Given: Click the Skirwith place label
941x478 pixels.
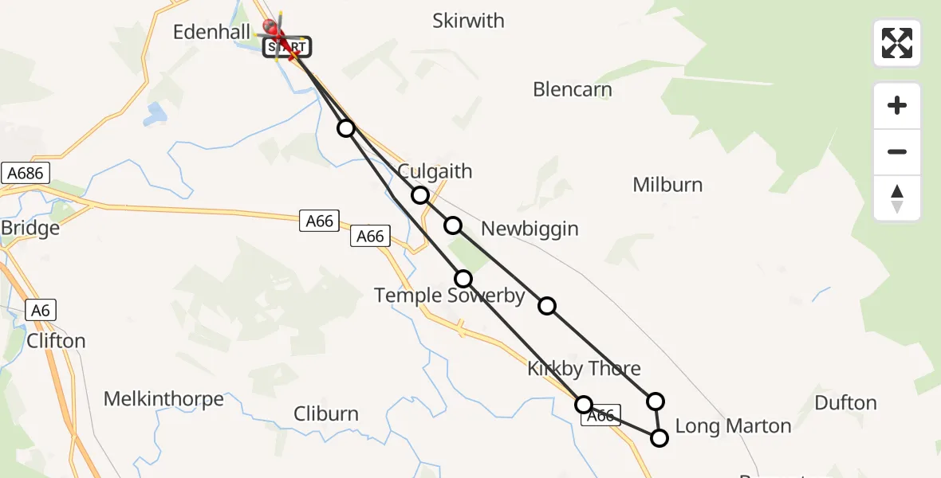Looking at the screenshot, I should coord(468,21).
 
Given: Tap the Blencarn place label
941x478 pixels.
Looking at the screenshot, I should coord(573,89).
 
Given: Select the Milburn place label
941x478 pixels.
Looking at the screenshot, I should coord(667,185).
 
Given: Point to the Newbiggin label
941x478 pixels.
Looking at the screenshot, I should coord(530,229).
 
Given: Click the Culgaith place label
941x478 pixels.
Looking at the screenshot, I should coord(435,171).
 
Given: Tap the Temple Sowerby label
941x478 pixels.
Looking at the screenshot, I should coord(450,296).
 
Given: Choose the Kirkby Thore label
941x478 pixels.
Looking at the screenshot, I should coord(584,368).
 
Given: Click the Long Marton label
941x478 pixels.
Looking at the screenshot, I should coord(733,426).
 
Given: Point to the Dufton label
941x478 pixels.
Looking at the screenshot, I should coord(845,403).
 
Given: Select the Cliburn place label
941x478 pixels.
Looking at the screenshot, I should coord(326,414).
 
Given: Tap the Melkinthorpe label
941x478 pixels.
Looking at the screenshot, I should coord(164,399).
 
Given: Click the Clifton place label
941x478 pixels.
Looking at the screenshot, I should coord(56,341).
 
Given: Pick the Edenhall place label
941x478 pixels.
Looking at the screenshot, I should coord(211,33).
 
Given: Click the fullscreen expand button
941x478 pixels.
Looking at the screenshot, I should coord(897,43).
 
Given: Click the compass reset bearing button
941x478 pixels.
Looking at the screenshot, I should coord(897,198).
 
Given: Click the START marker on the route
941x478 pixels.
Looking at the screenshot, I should coord(287,48).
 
